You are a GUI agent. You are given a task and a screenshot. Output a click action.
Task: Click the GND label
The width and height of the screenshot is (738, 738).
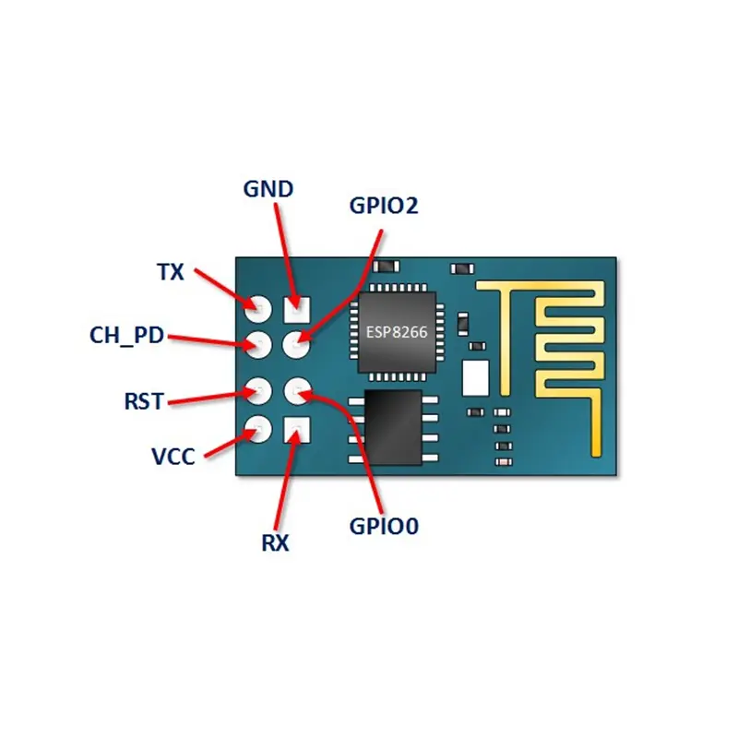pos(268,189)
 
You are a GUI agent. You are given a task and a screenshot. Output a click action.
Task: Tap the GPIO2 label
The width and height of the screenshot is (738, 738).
pos(384,206)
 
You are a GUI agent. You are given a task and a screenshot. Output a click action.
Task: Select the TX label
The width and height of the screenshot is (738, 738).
pos(170,272)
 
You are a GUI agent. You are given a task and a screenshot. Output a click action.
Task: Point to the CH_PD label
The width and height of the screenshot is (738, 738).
pos(126,336)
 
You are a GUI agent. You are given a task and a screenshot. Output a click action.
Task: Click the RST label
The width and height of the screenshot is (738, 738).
pos(144,401)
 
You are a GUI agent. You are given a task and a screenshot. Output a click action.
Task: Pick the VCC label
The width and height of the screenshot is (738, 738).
pos(173,457)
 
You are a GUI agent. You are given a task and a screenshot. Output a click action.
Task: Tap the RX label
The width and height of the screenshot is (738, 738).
pos(275,543)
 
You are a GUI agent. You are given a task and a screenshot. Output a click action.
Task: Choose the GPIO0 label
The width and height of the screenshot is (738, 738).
pos(384,526)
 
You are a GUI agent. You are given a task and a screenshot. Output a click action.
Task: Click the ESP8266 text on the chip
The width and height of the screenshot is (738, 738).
pos(397,332)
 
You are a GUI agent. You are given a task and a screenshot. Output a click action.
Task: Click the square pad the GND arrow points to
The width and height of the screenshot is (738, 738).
pos(297,310)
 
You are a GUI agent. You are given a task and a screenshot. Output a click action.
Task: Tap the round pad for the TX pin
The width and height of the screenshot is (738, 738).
pos(258,309)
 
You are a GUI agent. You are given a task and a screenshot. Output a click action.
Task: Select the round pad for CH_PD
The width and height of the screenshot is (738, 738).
pos(258,345)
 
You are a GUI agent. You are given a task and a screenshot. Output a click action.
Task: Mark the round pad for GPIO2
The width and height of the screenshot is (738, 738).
pos(296,345)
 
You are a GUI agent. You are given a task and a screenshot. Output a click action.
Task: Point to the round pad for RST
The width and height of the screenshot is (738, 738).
pos(258,391)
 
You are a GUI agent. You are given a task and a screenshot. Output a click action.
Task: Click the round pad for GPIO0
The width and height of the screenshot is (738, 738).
pos(297,391)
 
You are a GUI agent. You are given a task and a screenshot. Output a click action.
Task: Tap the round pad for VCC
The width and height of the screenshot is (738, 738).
pos(258,429)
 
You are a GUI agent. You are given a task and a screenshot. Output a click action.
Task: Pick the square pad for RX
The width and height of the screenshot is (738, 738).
pos(297,430)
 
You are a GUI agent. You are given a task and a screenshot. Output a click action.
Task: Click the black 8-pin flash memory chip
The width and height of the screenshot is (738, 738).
pos(393,427)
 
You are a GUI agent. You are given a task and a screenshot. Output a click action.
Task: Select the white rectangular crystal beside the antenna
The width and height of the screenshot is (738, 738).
pos(476,378)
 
